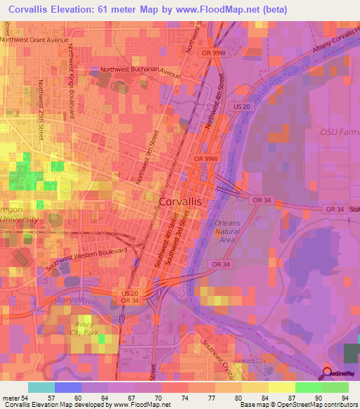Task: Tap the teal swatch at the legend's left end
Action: (41, 387)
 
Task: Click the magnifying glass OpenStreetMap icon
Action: (328, 372)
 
